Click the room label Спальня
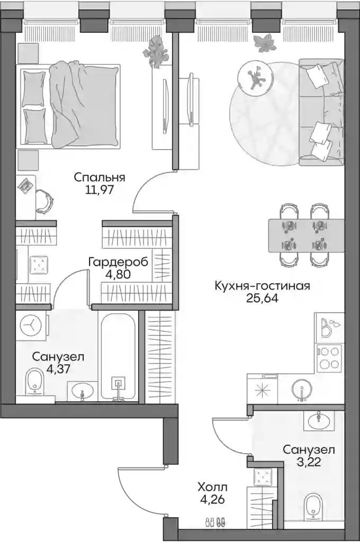coord(100,178)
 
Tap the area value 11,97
coord(100,190)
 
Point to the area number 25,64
coord(262,299)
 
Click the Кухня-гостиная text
coord(262,286)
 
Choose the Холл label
coord(213,487)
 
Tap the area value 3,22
coord(309,462)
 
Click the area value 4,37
coord(58,369)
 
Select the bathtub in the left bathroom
coord(118,356)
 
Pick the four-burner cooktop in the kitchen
coord(329,358)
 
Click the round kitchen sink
coord(302,390)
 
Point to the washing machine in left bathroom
coord(31,326)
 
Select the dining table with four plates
coord(307,236)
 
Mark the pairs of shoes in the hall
coord(215,521)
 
